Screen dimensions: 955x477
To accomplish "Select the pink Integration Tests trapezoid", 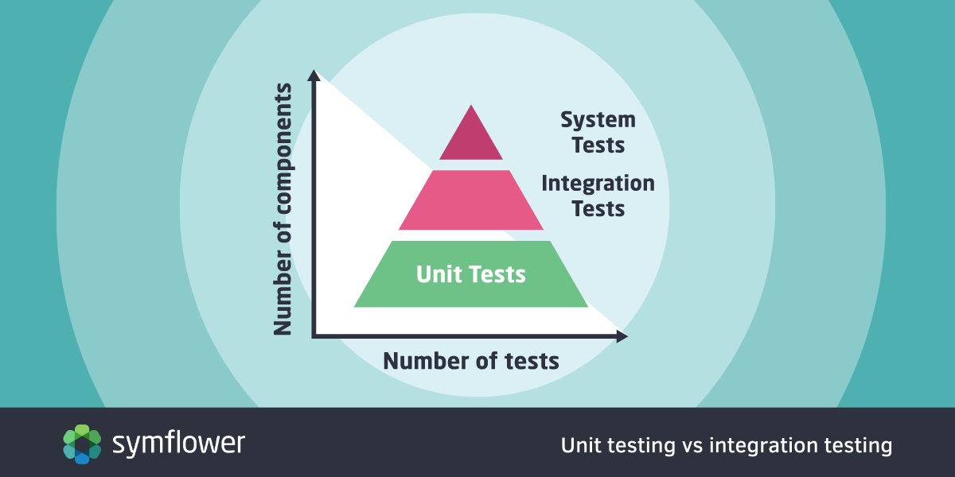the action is coord(471,200).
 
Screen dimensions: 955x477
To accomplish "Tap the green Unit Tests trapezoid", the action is coord(471,273).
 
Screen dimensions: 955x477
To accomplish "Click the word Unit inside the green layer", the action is coord(434,273).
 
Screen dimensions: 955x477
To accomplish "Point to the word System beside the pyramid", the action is coord(598,120).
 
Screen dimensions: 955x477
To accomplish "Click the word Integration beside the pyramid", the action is coord(598,184).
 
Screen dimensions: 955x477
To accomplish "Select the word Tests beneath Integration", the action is coord(598,208).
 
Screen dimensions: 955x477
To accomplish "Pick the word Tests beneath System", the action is coord(598,145).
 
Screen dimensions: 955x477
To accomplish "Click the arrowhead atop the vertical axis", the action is coord(314,76).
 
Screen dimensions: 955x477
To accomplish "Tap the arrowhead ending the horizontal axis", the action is coord(622,336).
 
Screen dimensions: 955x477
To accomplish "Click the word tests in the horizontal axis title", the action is coord(532,362).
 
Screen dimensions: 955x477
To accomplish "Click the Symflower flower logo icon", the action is coord(82,444).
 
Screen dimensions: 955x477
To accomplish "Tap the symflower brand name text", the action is coord(178,444).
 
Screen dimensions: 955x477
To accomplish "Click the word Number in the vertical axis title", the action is coord(283,293).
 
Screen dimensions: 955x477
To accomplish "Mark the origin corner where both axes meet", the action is coord(314,336).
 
